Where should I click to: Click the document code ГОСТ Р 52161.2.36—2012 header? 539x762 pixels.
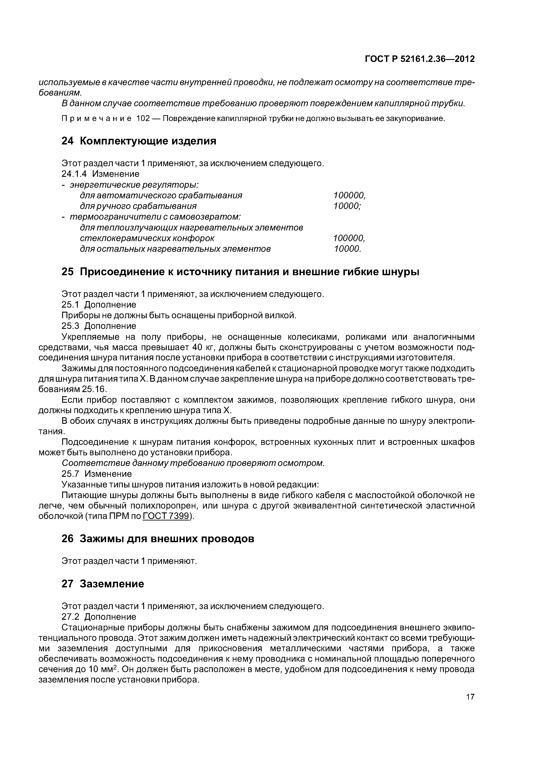coord(419,59)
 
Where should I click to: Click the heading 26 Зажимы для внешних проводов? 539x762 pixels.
coord(158,539)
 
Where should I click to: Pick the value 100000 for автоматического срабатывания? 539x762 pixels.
coord(349,195)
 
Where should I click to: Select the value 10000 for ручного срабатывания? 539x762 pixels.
coord(347,206)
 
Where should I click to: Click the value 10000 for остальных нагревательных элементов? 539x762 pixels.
coord(347,249)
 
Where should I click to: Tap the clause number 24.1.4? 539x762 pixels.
coord(74,174)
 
